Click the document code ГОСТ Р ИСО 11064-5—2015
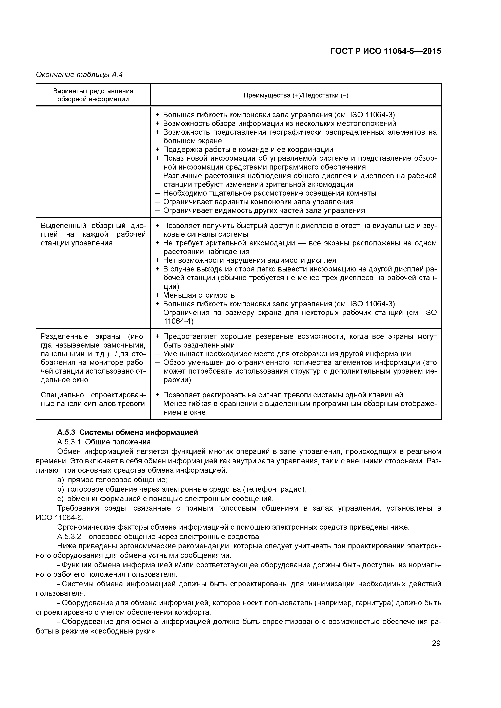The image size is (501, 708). coord(386,51)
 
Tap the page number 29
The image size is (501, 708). coord(436,643)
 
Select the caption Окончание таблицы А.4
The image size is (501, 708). coord(79,75)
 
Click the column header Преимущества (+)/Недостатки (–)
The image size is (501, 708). coord(296,95)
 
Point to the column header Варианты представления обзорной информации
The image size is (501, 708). coord(93,95)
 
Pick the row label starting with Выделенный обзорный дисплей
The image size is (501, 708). coord(93,234)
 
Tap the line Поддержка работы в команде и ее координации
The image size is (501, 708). coord(248,150)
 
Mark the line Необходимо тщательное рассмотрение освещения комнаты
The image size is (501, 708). coord(269,193)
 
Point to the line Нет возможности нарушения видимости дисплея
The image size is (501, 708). coord(249,261)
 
